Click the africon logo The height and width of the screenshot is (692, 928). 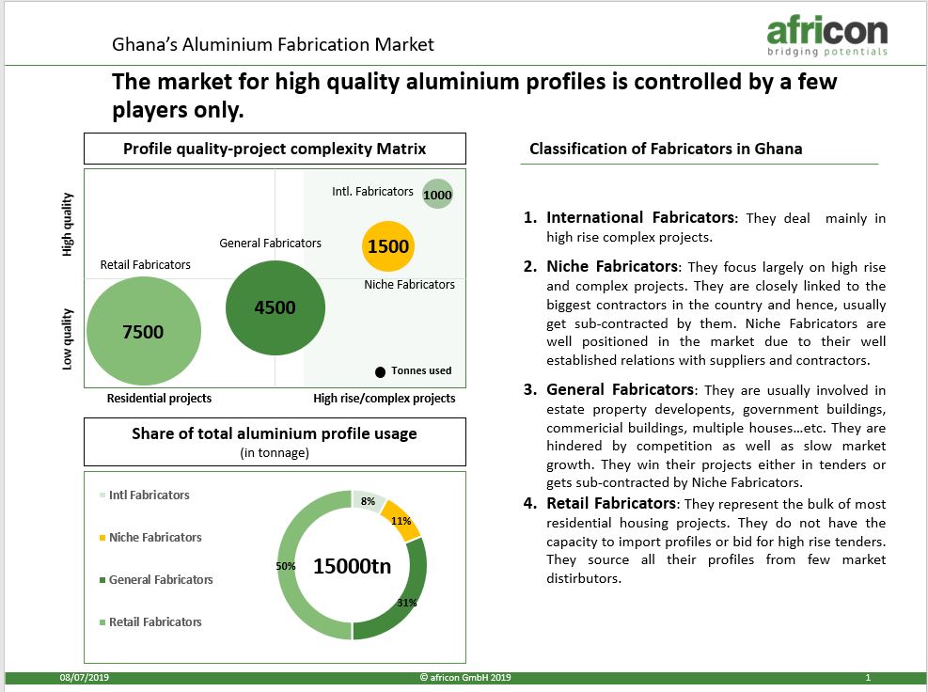tap(827, 37)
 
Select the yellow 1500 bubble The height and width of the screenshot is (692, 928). tap(388, 246)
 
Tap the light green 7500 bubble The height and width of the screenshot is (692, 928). tap(144, 331)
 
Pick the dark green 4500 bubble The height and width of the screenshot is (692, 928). tap(275, 307)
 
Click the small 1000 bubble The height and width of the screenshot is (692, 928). tap(437, 195)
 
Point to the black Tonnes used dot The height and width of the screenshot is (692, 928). tap(380, 371)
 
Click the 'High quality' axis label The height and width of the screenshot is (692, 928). tap(67, 225)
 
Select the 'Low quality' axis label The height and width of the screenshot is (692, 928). tap(67, 339)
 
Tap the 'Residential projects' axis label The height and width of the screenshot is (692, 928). tap(159, 399)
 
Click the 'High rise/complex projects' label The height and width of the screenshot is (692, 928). tap(385, 399)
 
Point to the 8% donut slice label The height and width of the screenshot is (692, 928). tap(368, 501)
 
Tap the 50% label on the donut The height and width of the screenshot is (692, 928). tap(285, 566)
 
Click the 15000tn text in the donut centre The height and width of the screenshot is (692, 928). tap(353, 566)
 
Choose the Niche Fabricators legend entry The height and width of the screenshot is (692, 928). tap(151, 538)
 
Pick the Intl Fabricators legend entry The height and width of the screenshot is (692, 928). tap(145, 495)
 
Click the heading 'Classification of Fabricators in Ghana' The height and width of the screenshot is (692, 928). tap(666, 149)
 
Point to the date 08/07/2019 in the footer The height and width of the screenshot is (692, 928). tap(84, 678)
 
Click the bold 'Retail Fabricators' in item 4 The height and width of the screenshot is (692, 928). tap(611, 503)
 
